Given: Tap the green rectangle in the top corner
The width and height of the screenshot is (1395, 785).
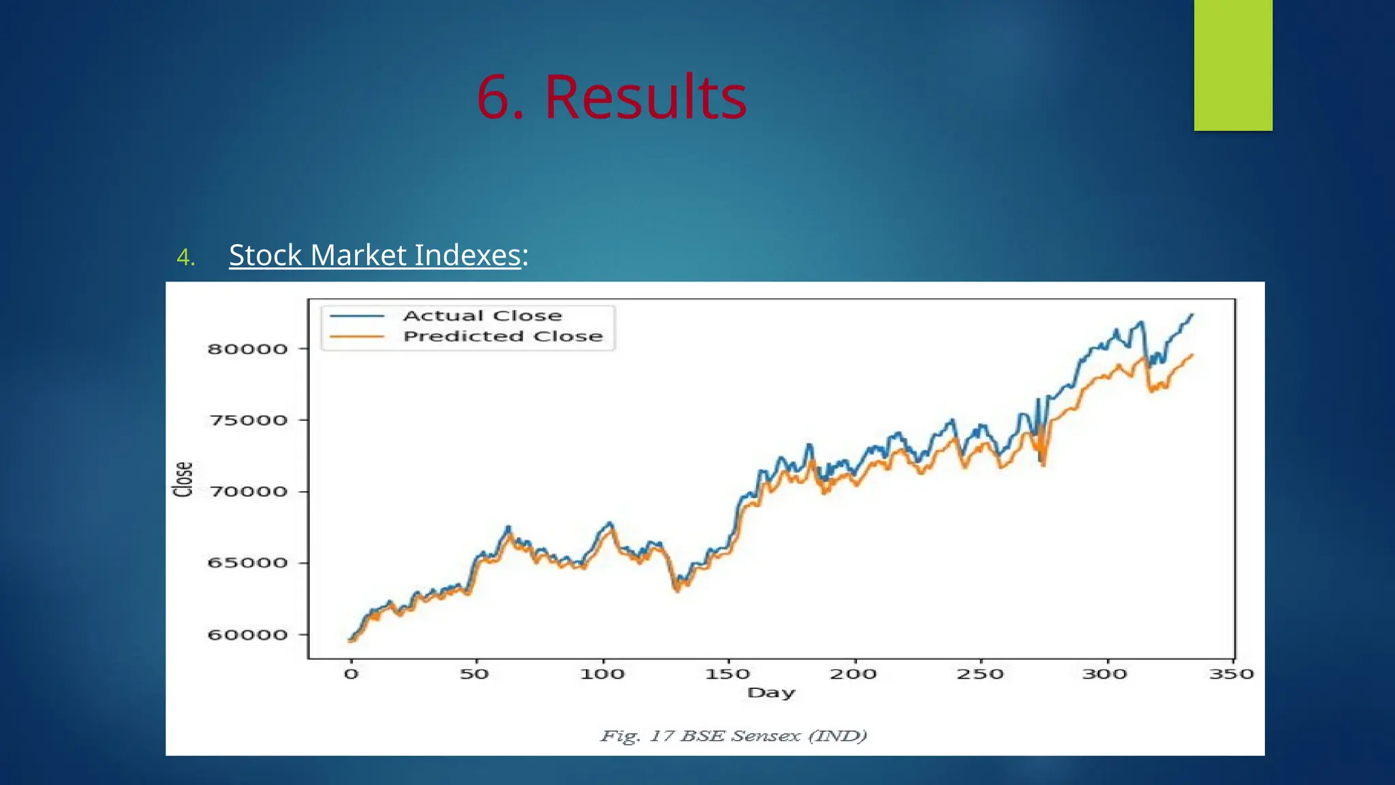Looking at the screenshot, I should coord(1233,65).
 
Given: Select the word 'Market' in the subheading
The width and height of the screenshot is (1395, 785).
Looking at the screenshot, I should coord(360,256).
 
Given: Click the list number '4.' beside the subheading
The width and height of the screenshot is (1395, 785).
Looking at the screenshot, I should coord(185,257).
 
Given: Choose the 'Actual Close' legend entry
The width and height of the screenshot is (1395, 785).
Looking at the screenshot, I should coord(482,315).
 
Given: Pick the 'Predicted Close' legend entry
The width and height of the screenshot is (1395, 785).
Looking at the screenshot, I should coord(503,336).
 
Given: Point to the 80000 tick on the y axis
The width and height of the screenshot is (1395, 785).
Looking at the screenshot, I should coord(247,349).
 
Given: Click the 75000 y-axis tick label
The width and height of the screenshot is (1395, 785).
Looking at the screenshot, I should coord(247,420).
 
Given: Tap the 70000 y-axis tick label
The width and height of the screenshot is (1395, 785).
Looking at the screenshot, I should coord(247,491).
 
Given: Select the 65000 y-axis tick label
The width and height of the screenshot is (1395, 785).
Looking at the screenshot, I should coord(247,563).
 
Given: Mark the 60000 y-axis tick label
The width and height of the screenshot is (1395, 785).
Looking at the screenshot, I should coord(247,635).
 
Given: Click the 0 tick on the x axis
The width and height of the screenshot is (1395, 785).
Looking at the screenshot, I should coord(351,674).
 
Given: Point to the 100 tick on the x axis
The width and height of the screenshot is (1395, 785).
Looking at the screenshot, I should coord(602,674).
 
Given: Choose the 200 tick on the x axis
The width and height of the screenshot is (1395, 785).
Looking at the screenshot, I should coord(853,674).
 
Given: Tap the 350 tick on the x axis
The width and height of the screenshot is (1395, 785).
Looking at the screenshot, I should coord(1232,674).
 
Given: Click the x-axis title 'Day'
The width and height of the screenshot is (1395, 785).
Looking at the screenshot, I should coord(771,692).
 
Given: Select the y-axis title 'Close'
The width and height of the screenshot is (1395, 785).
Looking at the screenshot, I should coord(183,479).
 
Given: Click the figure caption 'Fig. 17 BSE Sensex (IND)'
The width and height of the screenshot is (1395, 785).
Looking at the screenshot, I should coord(734,736).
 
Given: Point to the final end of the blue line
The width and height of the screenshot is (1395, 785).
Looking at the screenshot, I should coord(1193,314).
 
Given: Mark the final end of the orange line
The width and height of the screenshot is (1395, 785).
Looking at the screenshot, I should coord(1193,354).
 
